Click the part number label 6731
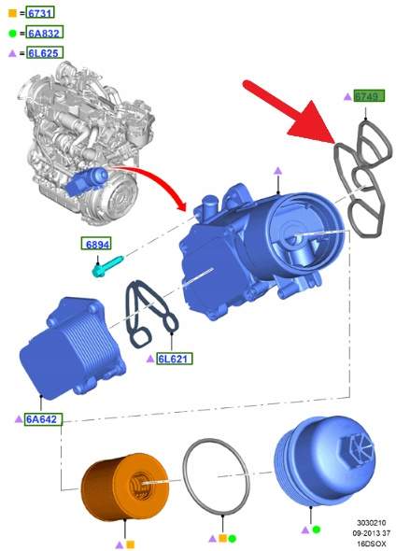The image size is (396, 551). pyautogui.click(x=40, y=13)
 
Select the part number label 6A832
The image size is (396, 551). pyautogui.click(x=45, y=33)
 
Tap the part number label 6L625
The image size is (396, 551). pyautogui.click(x=45, y=52)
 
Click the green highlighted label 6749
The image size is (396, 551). pyautogui.click(x=369, y=96)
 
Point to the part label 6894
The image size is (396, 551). pyautogui.click(x=96, y=244)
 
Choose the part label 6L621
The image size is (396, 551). pyautogui.click(x=175, y=359)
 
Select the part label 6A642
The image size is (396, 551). pyautogui.click(x=43, y=419)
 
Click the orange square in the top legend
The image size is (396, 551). pyautogui.click(x=12, y=13)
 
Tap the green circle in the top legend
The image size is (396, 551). pyautogui.click(x=12, y=34)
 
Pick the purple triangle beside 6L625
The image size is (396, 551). pyautogui.click(x=12, y=53)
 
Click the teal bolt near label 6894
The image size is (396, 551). pyautogui.click(x=106, y=266)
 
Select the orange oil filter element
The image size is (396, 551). pyautogui.click(x=125, y=487)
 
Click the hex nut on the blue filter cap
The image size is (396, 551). pyautogui.click(x=358, y=451)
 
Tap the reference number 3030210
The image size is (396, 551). pyautogui.click(x=372, y=523)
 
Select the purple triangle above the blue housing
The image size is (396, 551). pyautogui.click(x=278, y=171)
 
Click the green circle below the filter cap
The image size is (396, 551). pyautogui.click(x=317, y=530)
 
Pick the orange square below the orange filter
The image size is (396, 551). pyautogui.click(x=131, y=545)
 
